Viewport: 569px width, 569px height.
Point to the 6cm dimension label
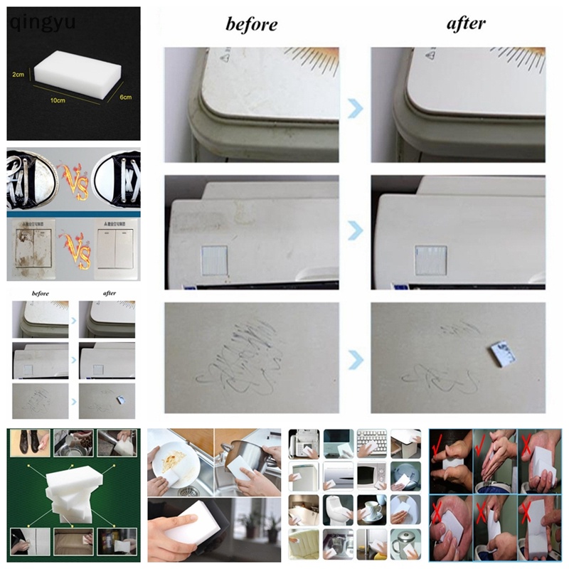tap(124, 97)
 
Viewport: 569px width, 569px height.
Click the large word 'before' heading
tap(251, 25)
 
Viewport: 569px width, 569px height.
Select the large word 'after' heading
tap(466, 23)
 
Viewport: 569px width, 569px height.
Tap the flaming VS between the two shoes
tap(73, 176)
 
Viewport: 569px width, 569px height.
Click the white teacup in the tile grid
tap(371, 510)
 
